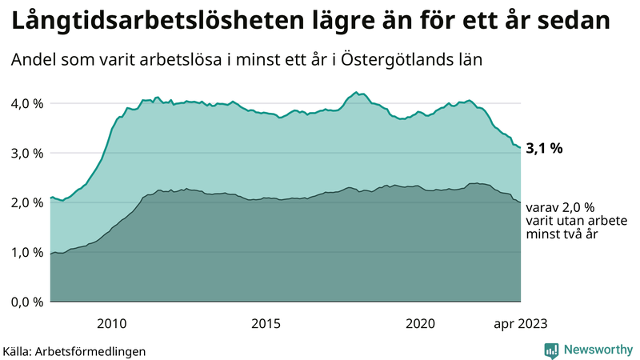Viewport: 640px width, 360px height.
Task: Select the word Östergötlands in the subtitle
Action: [394, 60]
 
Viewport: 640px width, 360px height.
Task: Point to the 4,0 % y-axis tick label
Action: [26, 103]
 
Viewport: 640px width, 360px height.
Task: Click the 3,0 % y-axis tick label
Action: [26, 153]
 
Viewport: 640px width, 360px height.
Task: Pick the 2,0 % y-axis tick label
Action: [26, 202]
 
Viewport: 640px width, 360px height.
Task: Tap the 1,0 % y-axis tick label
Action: [26, 252]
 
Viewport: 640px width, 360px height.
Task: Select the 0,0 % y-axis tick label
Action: [26, 302]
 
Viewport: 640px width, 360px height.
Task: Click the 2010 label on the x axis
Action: [111, 323]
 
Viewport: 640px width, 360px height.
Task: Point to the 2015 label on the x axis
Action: [266, 323]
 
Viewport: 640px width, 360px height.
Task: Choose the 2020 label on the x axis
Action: [420, 323]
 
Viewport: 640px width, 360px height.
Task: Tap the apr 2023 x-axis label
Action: [520, 323]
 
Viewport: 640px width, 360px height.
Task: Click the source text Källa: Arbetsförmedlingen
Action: [74, 350]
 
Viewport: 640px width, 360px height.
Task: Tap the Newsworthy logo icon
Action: [552, 350]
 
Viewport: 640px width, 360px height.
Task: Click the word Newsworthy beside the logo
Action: [597, 350]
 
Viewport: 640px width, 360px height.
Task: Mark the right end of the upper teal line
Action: [521, 147]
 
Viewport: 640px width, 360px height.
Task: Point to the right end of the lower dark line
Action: [521, 202]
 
